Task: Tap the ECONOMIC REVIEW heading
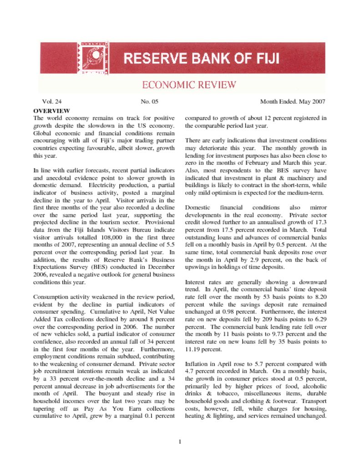(189, 85)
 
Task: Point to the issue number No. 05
(149, 101)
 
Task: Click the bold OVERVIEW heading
(51, 111)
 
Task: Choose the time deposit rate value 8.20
(320, 296)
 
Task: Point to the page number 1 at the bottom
(180, 441)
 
